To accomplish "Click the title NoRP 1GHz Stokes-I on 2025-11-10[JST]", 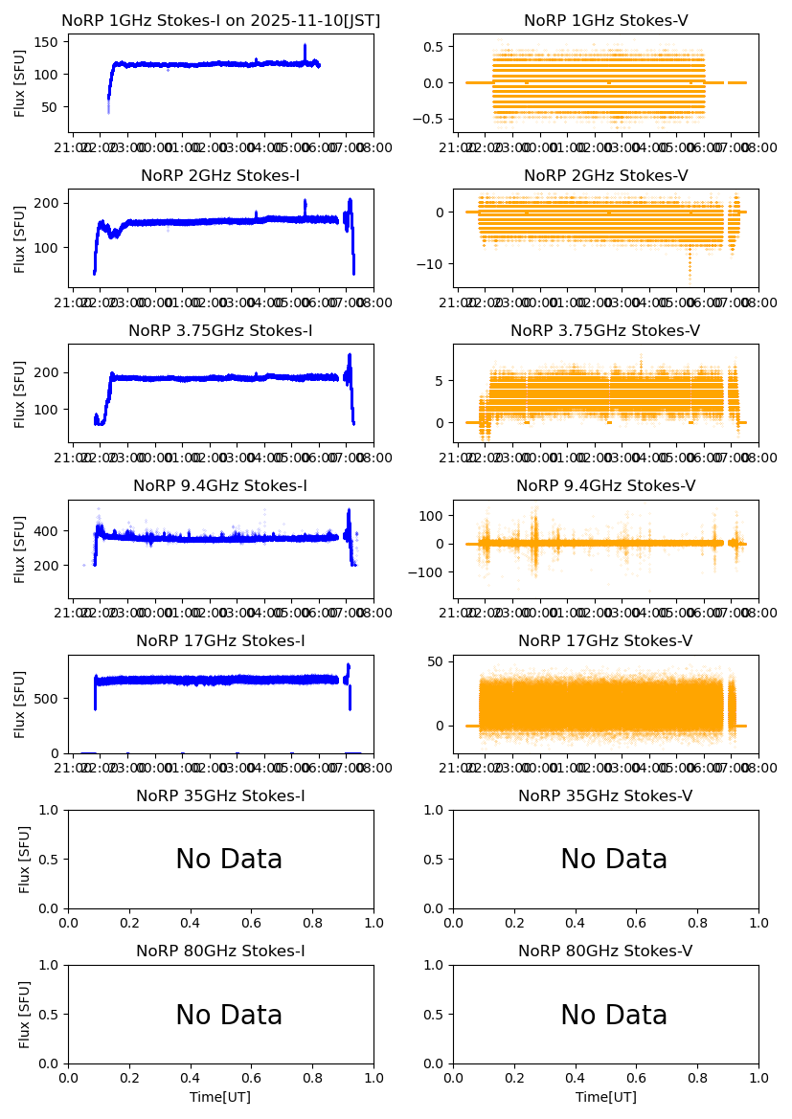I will click(x=220, y=21).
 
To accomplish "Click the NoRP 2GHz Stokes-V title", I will click(x=605, y=176).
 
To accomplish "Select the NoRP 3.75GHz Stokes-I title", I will click(x=220, y=331).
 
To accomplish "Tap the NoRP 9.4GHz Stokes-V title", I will click(x=605, y=486).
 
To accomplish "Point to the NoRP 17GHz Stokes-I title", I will click(x=220, y=641).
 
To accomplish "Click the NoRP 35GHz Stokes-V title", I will click(x=605, y=796).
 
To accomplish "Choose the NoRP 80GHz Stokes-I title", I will click(x=220, y=951).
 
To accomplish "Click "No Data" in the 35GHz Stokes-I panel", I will click(x=229, y=860).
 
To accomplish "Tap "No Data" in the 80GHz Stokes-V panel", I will click(x=614, y=1015).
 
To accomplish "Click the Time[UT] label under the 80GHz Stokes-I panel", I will click(x=220, y=1097).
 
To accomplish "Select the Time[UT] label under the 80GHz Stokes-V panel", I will click(x=605, y=1097).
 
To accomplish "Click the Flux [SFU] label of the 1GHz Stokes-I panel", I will click(x=20, y=82).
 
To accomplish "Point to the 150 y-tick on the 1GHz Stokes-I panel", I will click(x=50, y=41).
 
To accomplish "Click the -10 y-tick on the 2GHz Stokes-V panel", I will click(x=433, y=264).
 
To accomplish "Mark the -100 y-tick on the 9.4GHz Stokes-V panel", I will click(x=429, y=573).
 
